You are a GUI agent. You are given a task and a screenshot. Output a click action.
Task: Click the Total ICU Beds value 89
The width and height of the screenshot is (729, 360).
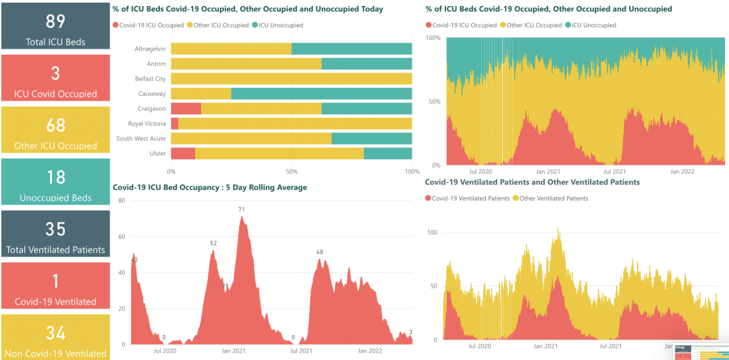pos(55,22)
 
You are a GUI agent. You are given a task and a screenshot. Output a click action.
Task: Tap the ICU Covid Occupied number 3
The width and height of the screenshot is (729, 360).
pos(55,74)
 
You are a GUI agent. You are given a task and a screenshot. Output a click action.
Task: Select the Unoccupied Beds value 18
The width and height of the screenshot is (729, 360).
pos(55,177)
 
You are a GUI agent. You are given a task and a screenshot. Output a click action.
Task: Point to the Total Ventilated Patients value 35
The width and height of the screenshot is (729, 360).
pos(55,229)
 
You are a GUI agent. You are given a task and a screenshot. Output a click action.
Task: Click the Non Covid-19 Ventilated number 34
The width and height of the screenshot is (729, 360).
pos(55,333)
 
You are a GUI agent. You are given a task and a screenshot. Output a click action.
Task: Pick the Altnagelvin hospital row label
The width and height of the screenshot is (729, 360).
pos(150,49)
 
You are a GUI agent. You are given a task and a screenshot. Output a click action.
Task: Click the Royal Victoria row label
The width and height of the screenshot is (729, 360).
pos(146,124)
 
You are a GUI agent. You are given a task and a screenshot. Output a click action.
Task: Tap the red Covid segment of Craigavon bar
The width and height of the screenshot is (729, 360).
pos(186,109)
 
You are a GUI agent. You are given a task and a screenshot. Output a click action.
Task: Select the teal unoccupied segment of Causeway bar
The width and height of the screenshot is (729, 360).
pos(321,93)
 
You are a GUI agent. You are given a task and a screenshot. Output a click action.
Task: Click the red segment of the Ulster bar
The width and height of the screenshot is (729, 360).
pos(183,153)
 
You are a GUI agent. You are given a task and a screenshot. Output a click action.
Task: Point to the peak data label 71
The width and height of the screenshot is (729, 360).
pos(241,209)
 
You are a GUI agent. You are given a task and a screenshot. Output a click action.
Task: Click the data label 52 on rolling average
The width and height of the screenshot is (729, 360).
pos(213,243)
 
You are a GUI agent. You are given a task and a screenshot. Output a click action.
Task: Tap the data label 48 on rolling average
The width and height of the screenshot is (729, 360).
pos(320,252)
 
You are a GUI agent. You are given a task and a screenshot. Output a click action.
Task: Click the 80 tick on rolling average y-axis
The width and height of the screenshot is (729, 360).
pos(122,201)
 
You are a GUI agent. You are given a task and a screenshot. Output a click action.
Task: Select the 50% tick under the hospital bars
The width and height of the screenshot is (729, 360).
pos(292,172)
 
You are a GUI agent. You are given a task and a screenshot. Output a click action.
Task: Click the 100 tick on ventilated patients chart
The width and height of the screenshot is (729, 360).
pos(433,232)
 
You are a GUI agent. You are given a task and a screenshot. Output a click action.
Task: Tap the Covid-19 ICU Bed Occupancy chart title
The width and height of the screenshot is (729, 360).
pos(210,187)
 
